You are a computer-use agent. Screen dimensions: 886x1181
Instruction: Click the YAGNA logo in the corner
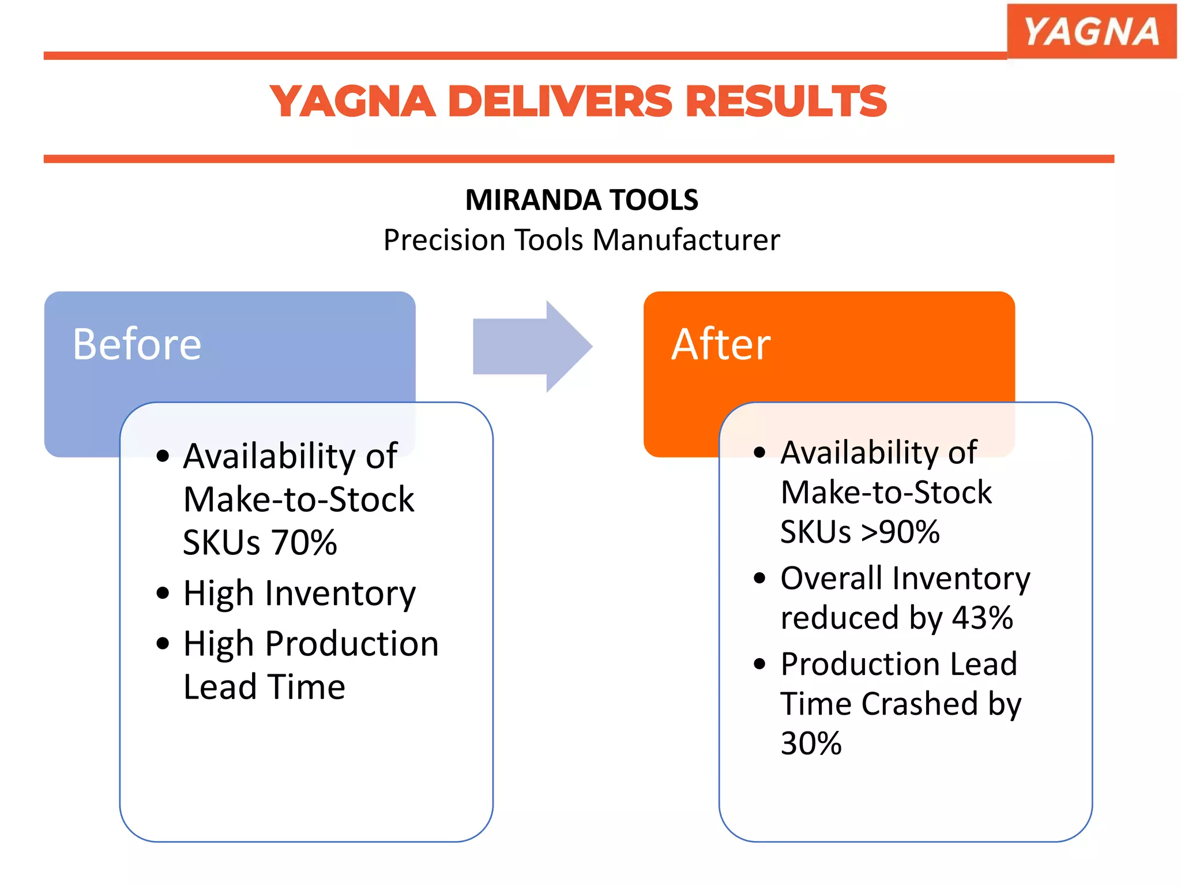(x=1091, y=31)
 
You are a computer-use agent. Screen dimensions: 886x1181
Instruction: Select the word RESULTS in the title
(x=785, y=102)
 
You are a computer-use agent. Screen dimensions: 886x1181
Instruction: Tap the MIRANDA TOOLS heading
(x=581, y=200)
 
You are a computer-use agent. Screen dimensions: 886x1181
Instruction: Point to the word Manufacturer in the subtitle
(x=686, y=240)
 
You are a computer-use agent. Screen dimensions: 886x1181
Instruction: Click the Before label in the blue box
(x=137, y=344)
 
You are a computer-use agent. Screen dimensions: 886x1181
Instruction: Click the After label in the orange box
(x=721, y=344)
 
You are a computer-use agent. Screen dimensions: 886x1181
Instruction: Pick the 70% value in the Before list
(x=304, y=542)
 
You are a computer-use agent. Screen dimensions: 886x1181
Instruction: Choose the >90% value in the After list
(x=900, y=532)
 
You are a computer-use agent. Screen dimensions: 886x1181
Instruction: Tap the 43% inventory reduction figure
(x=982, y=618)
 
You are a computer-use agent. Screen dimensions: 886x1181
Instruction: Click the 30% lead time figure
(x=811, y=744)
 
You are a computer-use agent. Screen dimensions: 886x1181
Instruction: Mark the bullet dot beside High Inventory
(x=163, y=593)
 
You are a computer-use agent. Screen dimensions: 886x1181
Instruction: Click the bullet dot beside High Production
(x=163, y=643)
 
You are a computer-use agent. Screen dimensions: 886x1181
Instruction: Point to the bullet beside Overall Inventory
(x=760, y=578)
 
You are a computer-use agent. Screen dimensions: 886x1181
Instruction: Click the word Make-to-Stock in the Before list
(x=299, y=500)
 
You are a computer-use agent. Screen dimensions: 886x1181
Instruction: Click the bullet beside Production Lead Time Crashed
(x=760, y=664)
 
